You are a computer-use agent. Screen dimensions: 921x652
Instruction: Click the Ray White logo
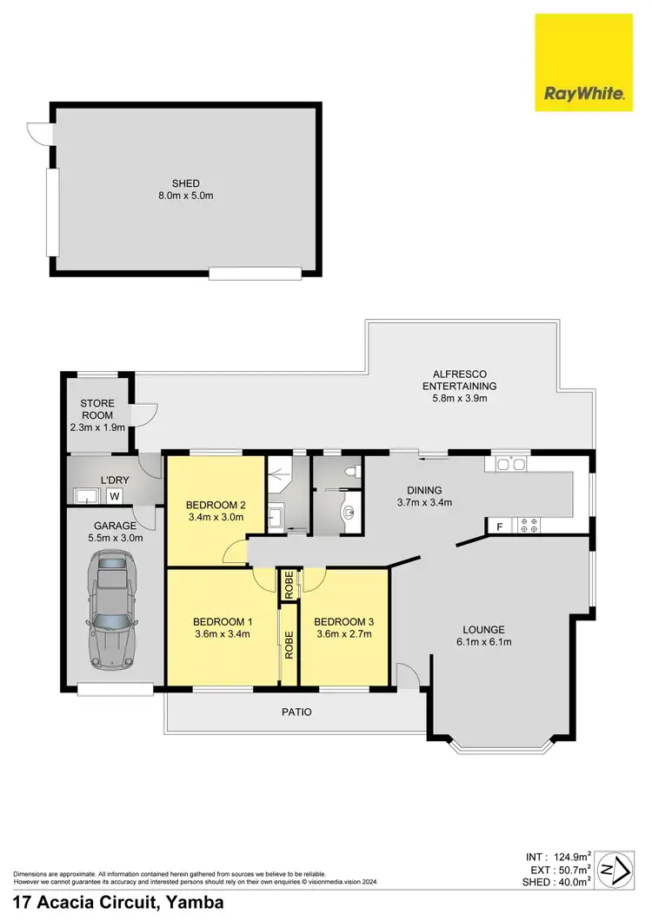(x=583, y=63)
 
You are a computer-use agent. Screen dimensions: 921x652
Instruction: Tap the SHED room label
(x=185, y=183)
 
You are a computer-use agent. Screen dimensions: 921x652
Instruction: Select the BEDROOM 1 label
(x=222, y=621)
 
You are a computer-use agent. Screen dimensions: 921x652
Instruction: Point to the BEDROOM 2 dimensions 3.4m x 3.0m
(x=215, y=517)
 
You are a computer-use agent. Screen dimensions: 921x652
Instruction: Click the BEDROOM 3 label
(x=343, y=621)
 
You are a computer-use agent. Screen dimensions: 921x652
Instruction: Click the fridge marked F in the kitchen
(x=499, y=526)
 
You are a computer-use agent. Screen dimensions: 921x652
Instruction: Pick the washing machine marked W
(x=113, y=496)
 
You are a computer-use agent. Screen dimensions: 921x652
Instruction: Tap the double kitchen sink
(x=511, y=464)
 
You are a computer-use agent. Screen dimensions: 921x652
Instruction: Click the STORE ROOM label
(x=98, y=409)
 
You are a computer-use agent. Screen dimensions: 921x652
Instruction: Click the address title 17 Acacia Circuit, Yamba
(x=118, y=903)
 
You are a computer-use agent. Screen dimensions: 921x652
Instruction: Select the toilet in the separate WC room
(x=349, y=470)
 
